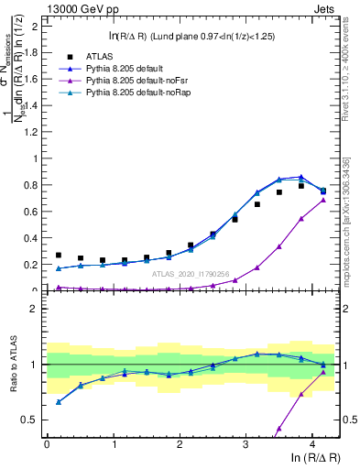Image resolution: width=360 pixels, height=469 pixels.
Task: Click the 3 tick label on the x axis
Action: point(245,443)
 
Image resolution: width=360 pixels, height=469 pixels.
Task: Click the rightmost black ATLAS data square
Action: point(322,191)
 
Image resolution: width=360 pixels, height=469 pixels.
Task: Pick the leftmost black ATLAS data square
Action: point(59,256)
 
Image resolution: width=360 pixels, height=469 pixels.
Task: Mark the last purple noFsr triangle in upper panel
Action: point(322,200)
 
